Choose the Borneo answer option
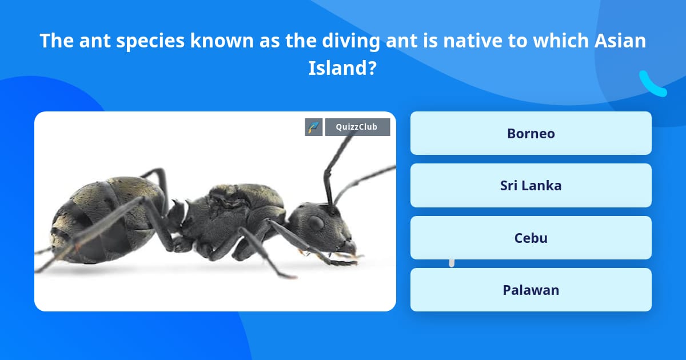click(531, 133)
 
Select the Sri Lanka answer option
click(531, 185)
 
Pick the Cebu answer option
click(531, 238)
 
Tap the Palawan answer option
click(531, 290)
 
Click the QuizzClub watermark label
click(357, 127)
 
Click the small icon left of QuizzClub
click(314, 127)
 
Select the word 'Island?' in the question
click(342, 69)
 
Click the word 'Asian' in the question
click(617, 41)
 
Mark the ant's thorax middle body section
click(234, 214)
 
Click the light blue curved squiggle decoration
click(652, 85)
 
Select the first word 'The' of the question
click(55, 41)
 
